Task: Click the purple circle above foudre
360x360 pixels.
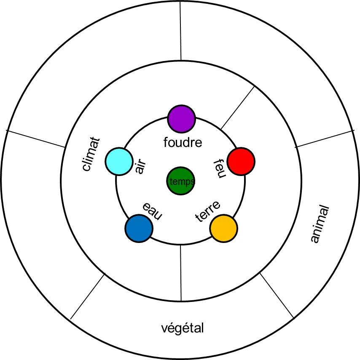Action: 182,118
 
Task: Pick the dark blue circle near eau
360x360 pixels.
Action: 139,228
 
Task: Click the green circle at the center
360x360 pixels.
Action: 181,181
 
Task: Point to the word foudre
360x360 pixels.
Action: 183,143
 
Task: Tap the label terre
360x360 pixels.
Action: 208,212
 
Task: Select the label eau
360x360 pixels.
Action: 152,211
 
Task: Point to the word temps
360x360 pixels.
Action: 182,182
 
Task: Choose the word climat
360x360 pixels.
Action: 91,154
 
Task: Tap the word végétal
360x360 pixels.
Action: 183,328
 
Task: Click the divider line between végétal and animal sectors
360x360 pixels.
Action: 277,295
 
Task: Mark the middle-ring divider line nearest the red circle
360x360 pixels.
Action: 238,107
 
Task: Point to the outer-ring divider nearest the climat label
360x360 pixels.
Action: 36,139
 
